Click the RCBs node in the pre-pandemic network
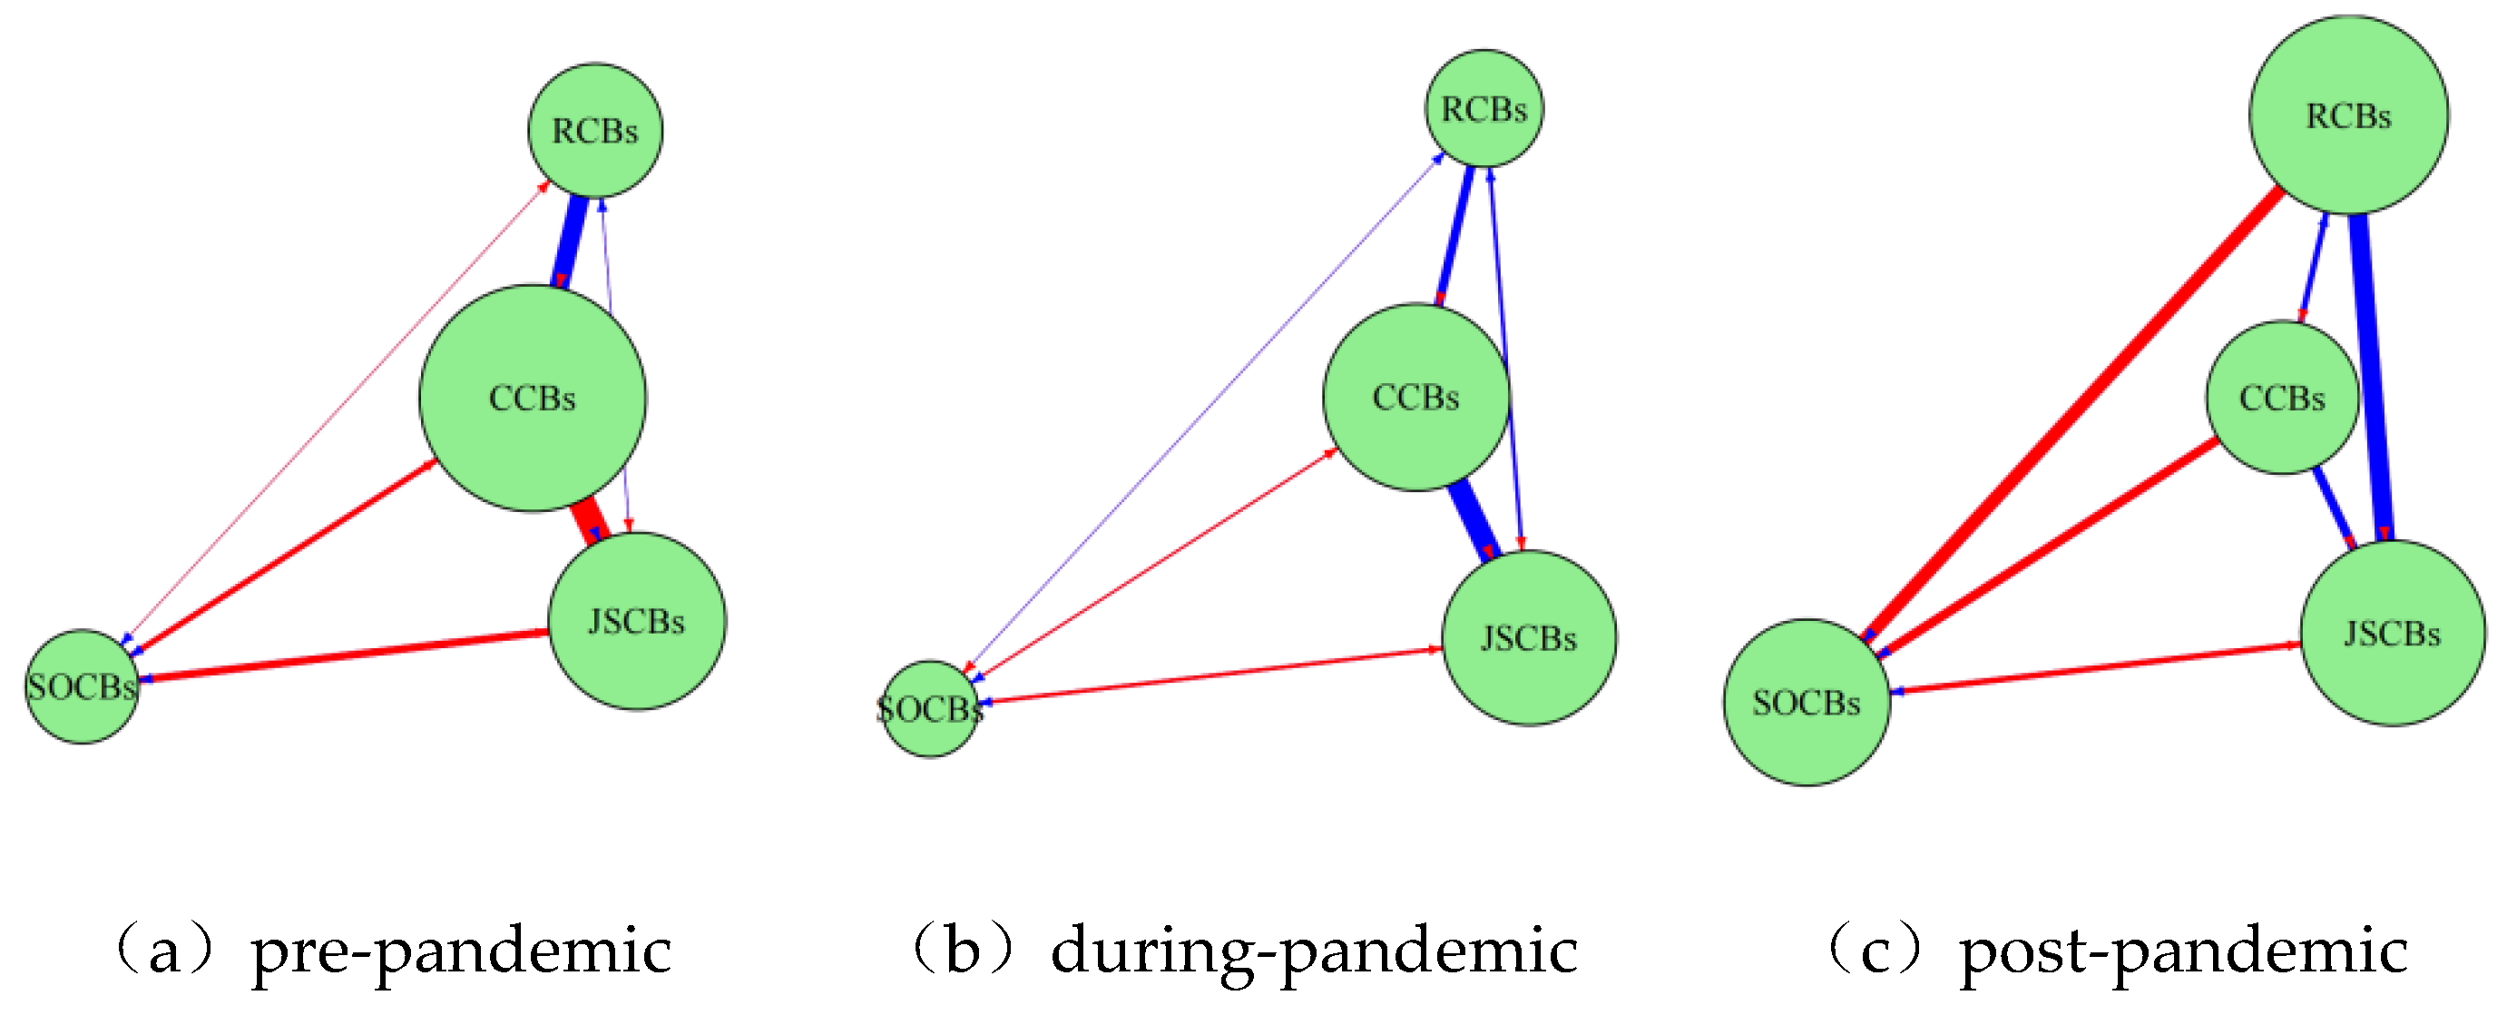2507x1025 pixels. (x=594, y=131)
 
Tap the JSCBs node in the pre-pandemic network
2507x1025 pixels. (x=636, y=621)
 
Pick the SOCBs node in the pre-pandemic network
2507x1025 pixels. (x=82, y=687)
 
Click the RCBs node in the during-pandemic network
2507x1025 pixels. (x=1484, y=109)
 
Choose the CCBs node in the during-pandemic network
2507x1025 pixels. (x=1416, y=397)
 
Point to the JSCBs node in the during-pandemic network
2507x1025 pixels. (x=1529, y=638)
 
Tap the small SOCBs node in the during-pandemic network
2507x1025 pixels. (x=930, y=710)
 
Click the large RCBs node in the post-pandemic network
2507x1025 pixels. (x=2348, y=116)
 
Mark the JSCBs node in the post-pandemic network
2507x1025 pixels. (x=2392, y=634)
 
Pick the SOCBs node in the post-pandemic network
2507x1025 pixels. (x=1807, y=703)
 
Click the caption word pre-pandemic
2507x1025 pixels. (x=460, y=951)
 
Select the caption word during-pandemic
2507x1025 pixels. (x=1314, y=951)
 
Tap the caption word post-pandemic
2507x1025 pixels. (x=2183, y=951)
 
